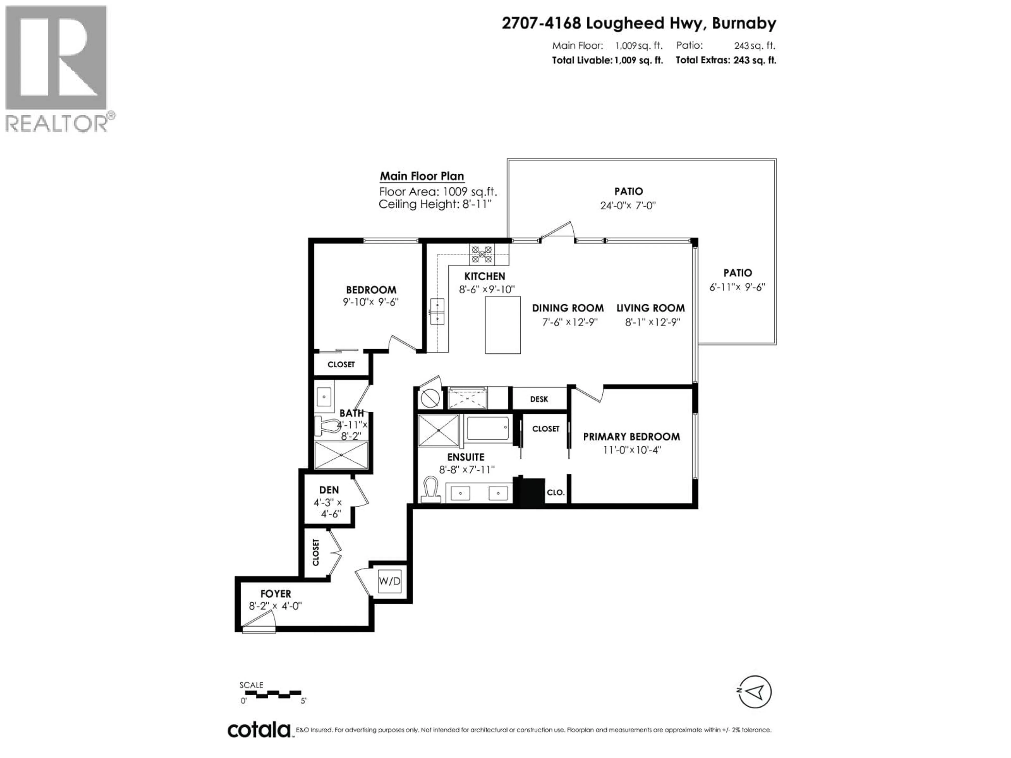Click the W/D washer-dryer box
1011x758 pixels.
(389, 581)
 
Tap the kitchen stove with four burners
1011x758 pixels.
(482, 255)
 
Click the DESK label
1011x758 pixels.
(539, 399)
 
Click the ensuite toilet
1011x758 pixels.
(430, 490)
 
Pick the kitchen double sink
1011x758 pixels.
(437, 311)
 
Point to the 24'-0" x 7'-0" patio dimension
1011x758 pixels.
(628, 206)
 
